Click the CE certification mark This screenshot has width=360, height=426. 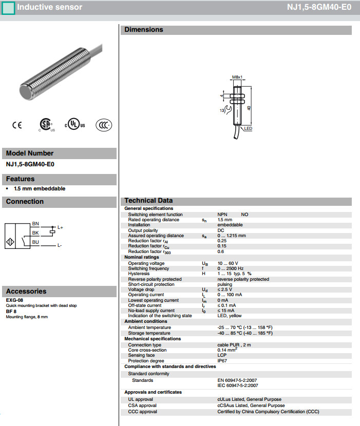point(17,125)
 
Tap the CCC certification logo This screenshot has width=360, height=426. point(105,125)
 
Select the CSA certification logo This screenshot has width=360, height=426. point(46,125)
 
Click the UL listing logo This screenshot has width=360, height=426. point(75,125)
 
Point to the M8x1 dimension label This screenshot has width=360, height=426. point(237,77)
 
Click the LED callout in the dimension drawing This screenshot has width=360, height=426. point(248,128)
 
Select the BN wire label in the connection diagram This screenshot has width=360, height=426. point(35,223)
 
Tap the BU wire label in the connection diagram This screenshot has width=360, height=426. point(35,242)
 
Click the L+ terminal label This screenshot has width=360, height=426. point(60,227)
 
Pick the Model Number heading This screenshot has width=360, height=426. point(30,153)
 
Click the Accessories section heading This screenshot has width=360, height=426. point(26,291)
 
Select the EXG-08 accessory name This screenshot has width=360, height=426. point(14,299)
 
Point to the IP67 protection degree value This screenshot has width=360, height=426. point(222,361)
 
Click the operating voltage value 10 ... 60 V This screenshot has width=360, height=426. point(228,263)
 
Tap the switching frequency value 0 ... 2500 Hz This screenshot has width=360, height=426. point(231,268)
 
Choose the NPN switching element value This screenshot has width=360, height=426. point(223,215)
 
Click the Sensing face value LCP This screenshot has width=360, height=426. point(222,355)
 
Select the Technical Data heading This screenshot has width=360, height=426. point(148,201)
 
